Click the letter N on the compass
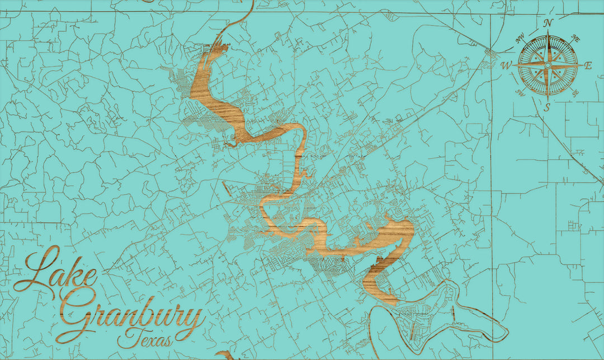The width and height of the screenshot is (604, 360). (x=548, y=23)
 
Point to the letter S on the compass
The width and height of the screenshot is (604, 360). (x=548, y=107)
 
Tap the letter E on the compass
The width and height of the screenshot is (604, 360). (x=588, y=65)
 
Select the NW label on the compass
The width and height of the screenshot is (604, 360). (x=520, y=39)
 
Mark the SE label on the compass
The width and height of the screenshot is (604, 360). (x=575, y=93)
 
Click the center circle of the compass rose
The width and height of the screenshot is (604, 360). (x=548, y=65)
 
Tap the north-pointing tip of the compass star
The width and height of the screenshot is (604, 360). (x=548, y=31)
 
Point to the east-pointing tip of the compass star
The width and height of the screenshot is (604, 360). (x=582, y=65)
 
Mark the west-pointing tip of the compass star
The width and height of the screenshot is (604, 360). (x=513, y=65)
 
